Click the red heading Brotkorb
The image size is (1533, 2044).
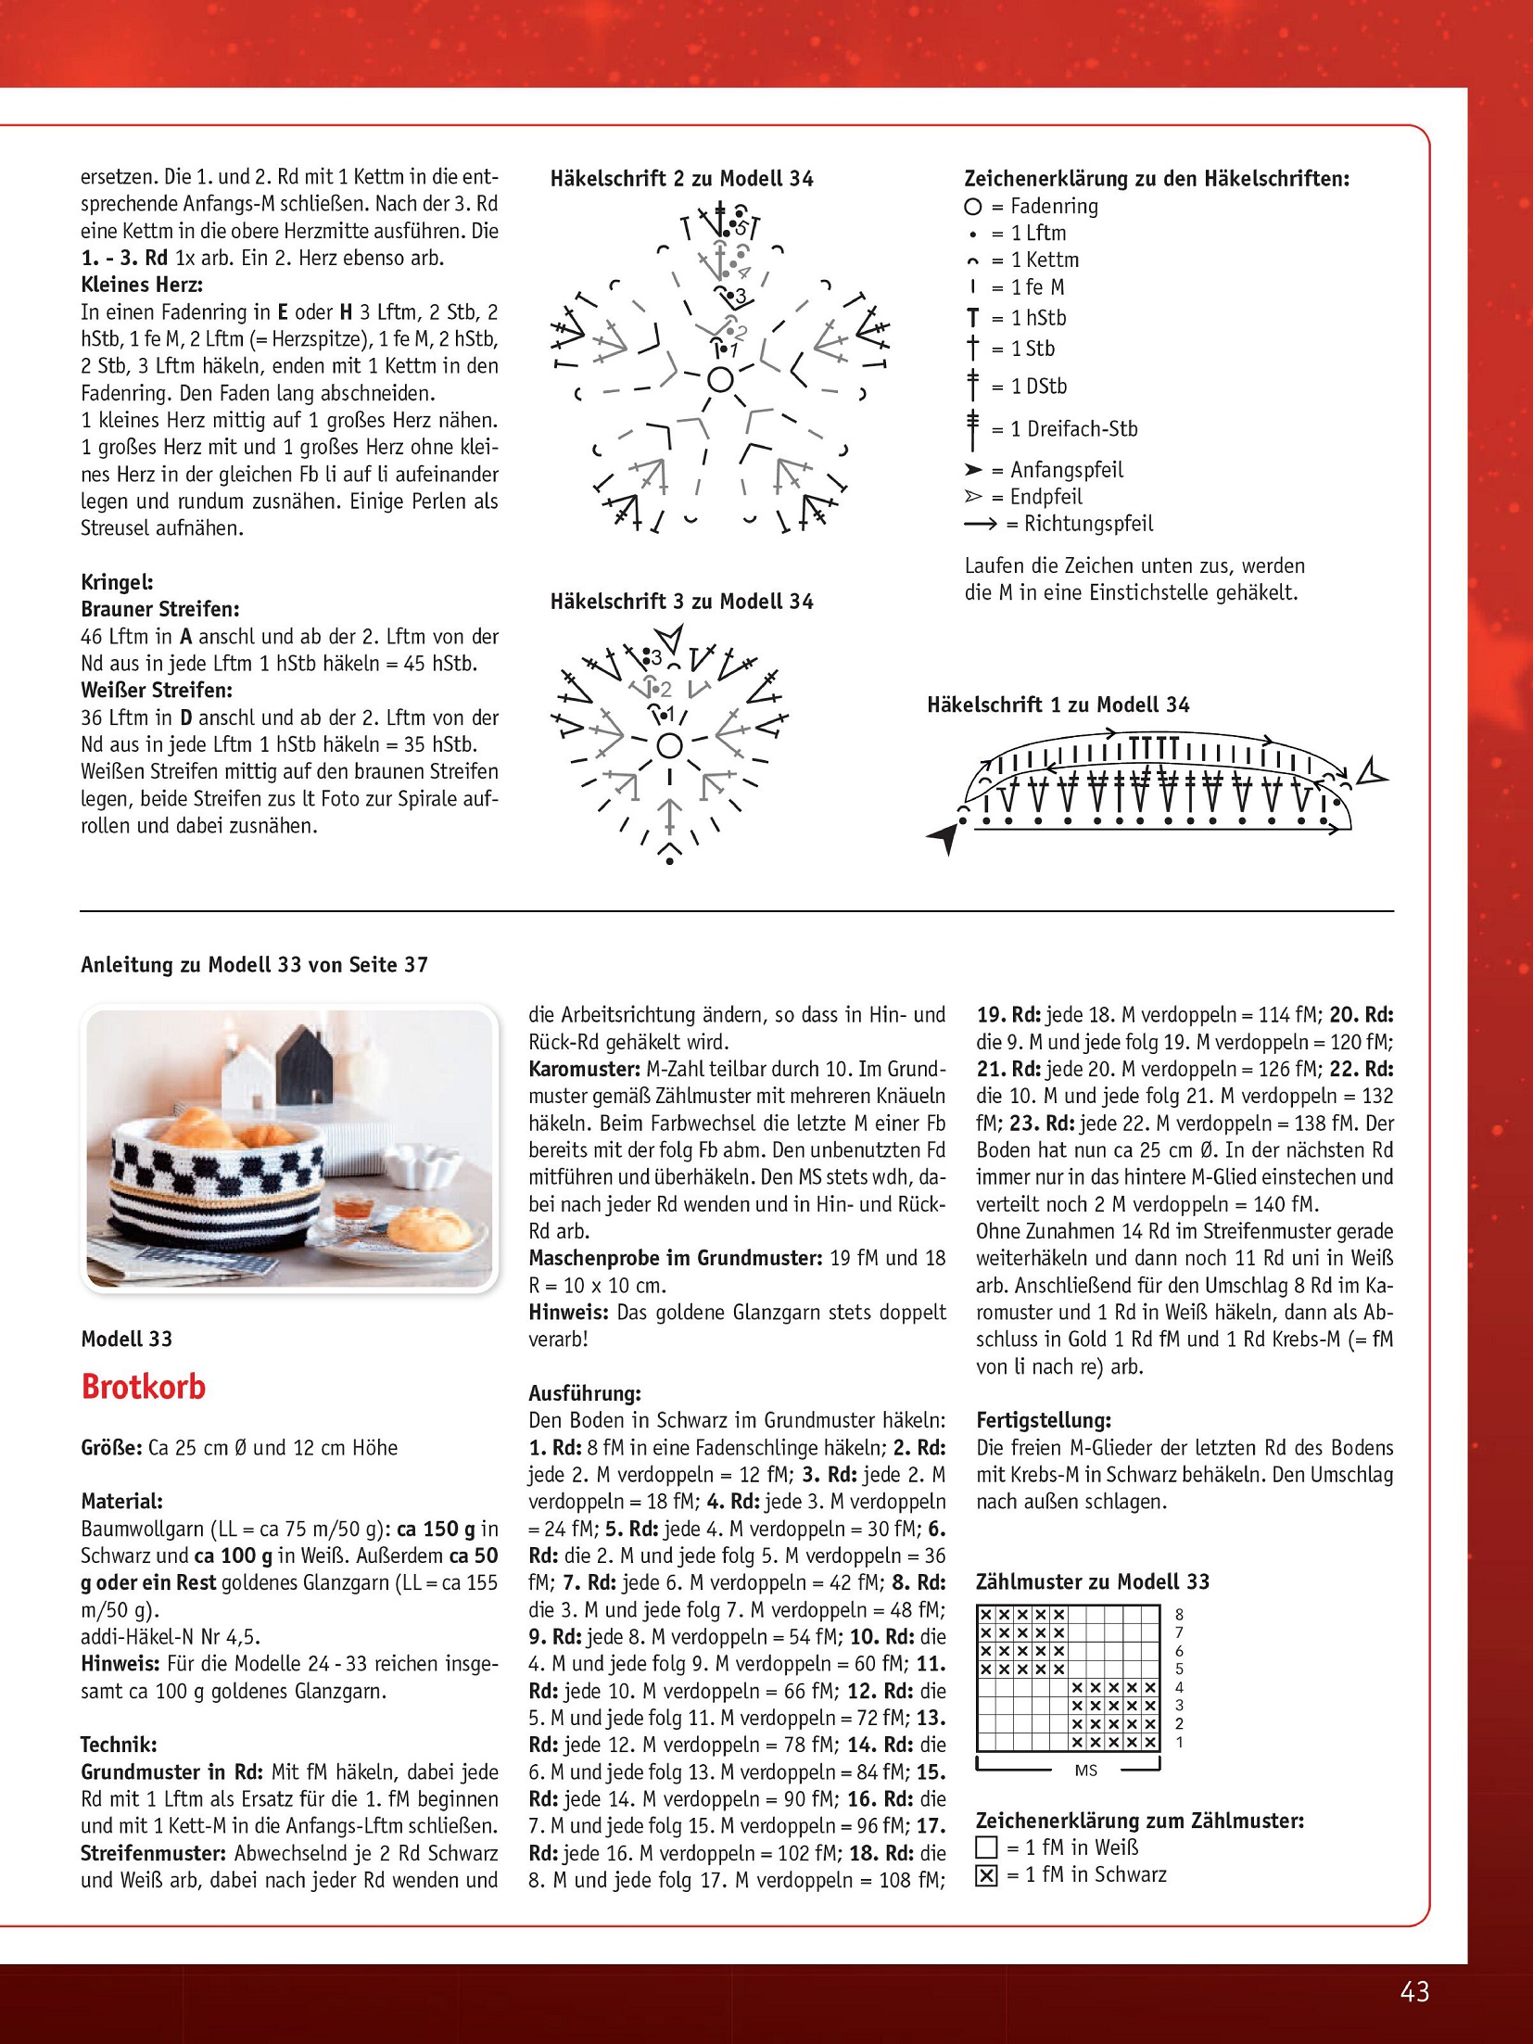(x=144, y=1387)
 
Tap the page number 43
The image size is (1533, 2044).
(x=1414, y=1991)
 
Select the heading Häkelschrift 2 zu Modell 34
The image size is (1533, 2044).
(x=681, y=179)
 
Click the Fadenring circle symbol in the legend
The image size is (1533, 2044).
(x=972, y=207)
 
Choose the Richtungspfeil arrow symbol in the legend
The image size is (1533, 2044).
(x=980, y=525)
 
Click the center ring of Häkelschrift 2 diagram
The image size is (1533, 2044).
(x=720, y=379)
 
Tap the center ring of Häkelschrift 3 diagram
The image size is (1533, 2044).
(x=669, y=745)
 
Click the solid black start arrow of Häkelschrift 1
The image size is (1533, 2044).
(x=944, y=837)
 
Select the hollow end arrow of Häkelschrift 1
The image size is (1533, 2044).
(x=1370, y=773)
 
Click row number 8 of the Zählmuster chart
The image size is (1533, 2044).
(x=1179, y=1615)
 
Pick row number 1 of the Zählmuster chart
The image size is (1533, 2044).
(x=1179, y=1743)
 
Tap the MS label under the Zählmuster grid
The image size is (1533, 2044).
(x=1086, y=1771)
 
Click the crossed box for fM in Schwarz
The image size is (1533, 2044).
(x=987, y=1875)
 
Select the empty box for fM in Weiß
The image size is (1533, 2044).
(x=987, y=1847)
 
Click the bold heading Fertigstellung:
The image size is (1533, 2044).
(x=1044, y=1420)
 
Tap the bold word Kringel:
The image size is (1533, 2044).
(x=117, y=582)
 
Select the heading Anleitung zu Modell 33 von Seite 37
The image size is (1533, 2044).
(x=254, y=965)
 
